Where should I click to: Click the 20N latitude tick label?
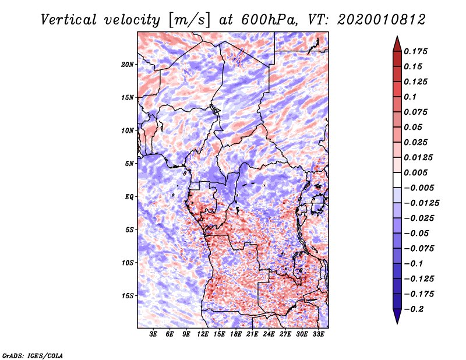coord(128,64)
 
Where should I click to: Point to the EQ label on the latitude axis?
coord(129,197)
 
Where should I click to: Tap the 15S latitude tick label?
coord(128,296)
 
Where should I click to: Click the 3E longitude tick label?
coord(153,335)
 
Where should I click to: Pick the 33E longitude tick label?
coord(318,335)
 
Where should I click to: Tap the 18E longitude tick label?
coord(236,335)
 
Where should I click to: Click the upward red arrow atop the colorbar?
coord(397,42)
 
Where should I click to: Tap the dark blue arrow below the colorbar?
coord(397,317)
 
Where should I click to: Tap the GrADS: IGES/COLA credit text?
coord(32,354)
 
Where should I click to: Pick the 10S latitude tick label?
coord(128,263)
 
